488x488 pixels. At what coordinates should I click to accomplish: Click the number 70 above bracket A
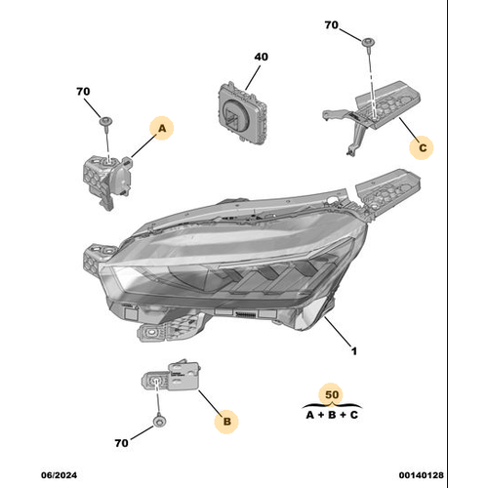coord(83,92)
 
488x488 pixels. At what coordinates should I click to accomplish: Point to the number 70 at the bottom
coord(121,443)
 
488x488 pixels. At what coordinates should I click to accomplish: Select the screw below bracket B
coord(157,423)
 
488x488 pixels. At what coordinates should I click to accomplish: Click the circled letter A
coord(161,128)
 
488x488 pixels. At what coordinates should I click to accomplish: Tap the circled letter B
coord(226,421)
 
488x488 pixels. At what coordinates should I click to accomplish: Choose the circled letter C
coord(423,148)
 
